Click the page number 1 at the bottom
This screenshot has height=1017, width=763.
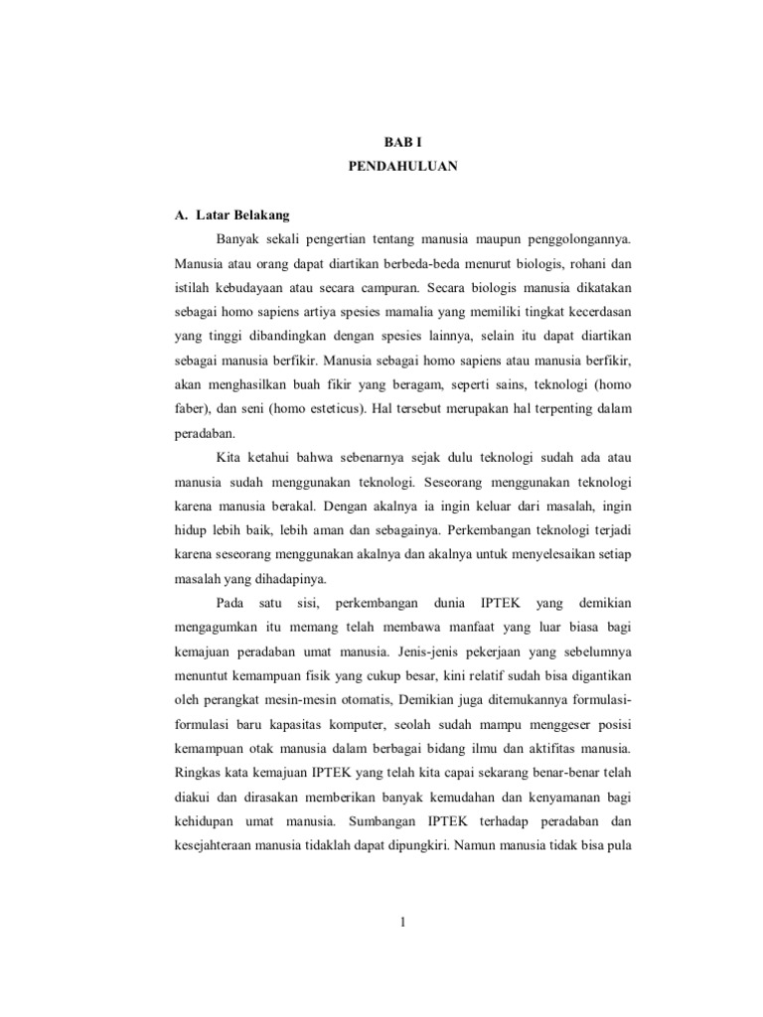click(403, 923)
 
